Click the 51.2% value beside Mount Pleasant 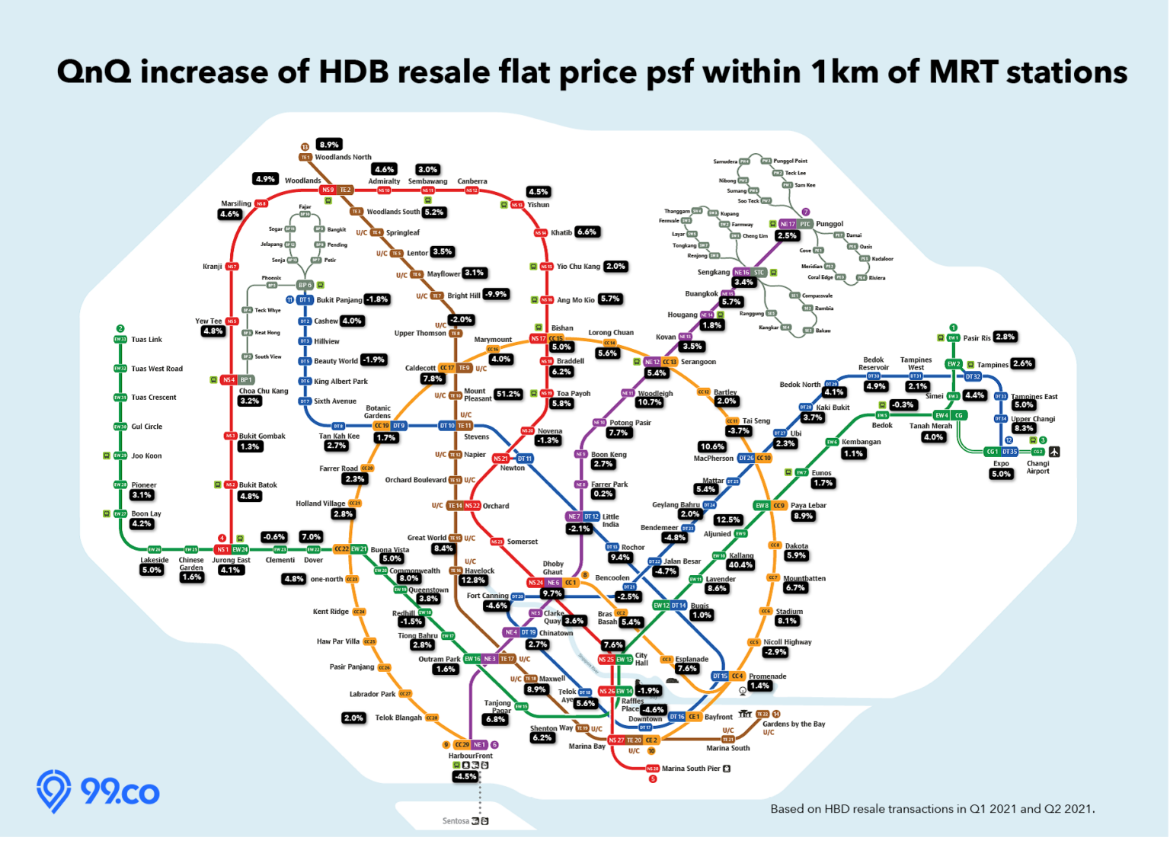coord(508,394)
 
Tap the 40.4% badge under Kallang coord(740,565)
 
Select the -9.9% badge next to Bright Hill coord(496,294)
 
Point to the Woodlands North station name coord(343,158)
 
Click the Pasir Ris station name coord(977,338)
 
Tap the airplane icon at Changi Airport coord(1054,452)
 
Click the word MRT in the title coord(963,72)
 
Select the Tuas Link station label coord(146,340)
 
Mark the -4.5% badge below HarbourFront coord(465,776)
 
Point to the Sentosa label coord(456,821)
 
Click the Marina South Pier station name coord(691,769)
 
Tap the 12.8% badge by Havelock coord(473,580)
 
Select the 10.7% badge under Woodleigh coord(650,402)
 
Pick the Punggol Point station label coord(790,161)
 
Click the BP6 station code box coord(305,285)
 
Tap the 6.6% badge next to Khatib coord(587,232)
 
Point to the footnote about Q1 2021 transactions coord(932,809)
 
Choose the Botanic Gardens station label coord(378,412)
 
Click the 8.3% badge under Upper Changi coord(1024,429)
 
